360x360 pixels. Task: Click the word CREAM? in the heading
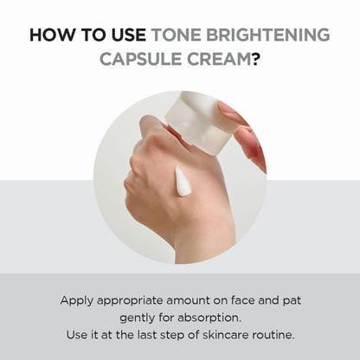tap(229, 63)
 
